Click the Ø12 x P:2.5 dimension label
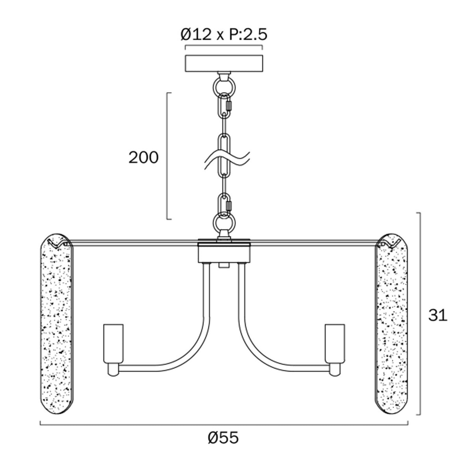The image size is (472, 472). pyautogui.click(x=224, y=35)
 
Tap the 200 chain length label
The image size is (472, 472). pyautogui.click(x=144, y=157)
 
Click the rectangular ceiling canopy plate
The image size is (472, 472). pyautogui.click(x=224, y=63)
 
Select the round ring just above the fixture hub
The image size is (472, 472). pyautogui.click(x=224, y=223)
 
